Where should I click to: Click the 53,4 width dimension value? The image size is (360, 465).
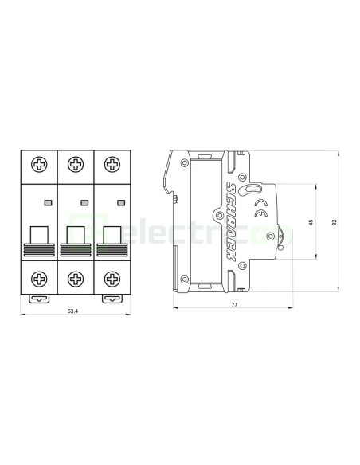coord(74,311)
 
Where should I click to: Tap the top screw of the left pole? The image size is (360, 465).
coord(39,165)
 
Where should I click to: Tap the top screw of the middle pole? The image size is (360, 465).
coord(75,165)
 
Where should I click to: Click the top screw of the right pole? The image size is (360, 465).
coord(111,165)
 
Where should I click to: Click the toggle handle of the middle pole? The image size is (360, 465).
coord(75,234)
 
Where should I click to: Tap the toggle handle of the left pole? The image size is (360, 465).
coord(39,234)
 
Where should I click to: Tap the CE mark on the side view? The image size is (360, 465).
coord(260,211)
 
